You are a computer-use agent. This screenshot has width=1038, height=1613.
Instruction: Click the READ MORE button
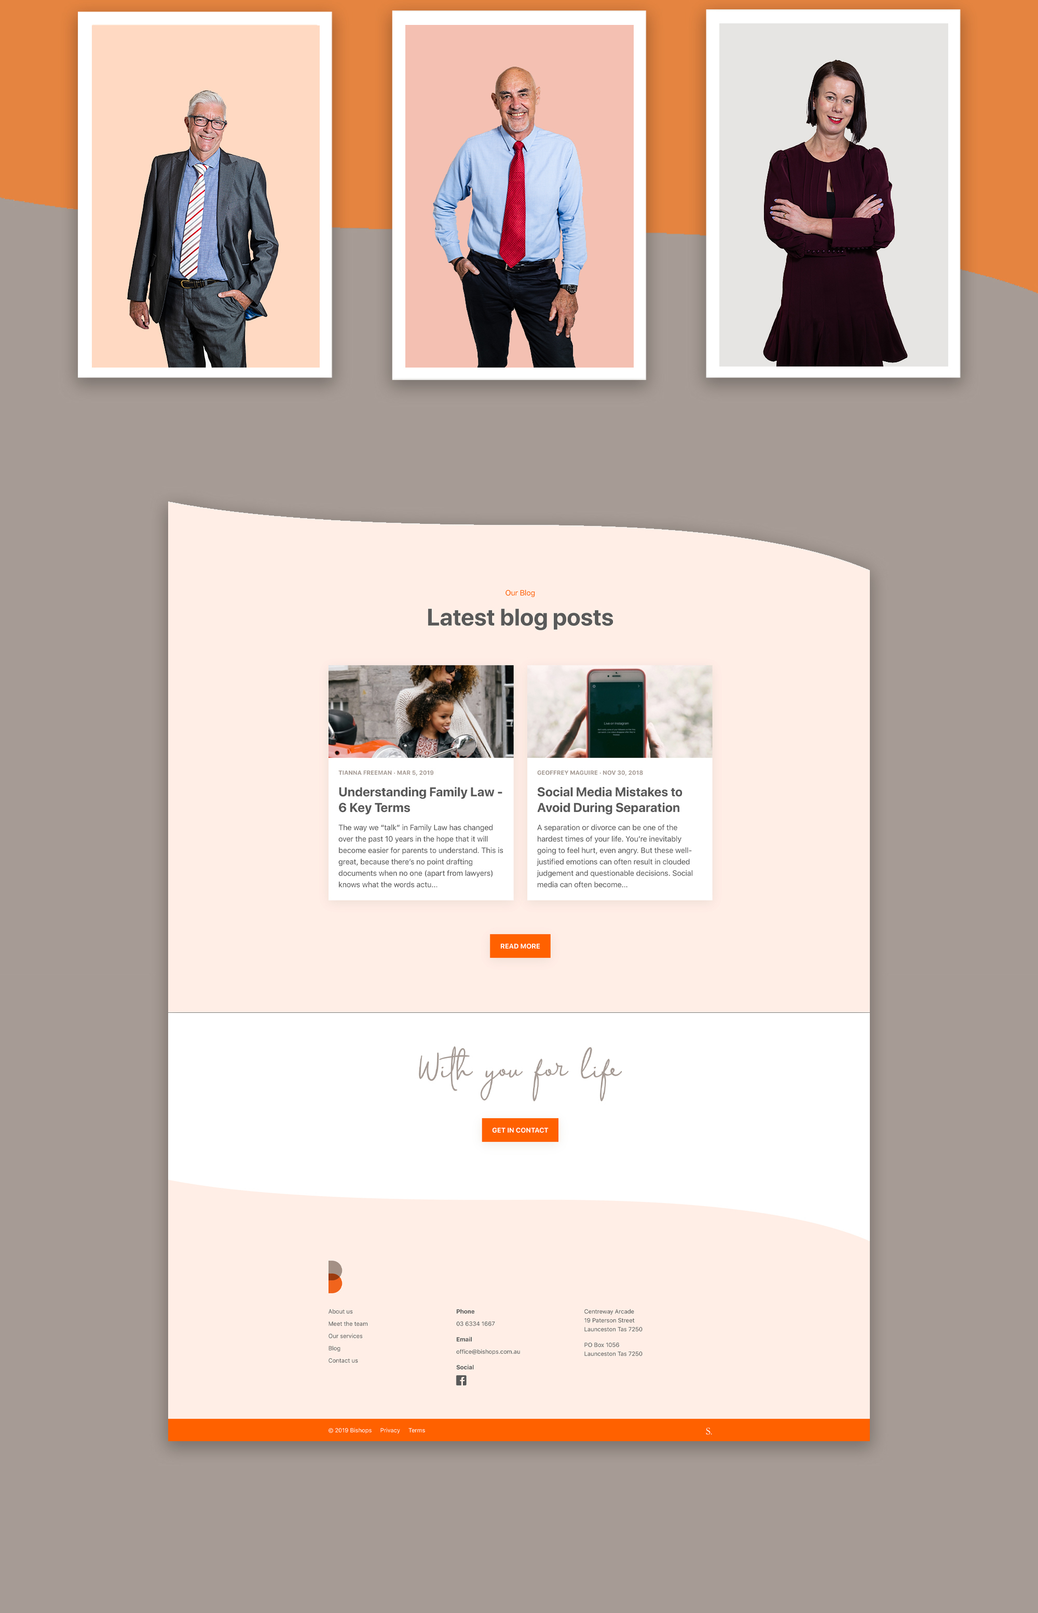pyautogui.click(x=520, y=946)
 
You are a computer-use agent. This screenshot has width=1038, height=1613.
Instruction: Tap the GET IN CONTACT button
pyautogui.click(x=520, y=1130)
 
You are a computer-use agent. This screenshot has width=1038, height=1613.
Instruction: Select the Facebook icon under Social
pyautogui.click(x=461, y=1380)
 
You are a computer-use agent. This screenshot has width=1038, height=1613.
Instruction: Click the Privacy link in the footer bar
pyautogui.click(x=390, y=1430)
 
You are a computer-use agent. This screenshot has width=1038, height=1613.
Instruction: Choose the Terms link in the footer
pyautogui.click(x=417, y=1430)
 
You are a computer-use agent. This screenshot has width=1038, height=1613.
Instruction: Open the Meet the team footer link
pyautogui.click(x=348, y=1323)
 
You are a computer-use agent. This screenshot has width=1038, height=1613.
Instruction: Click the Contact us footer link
pyautogui.click(x=343, y=1360)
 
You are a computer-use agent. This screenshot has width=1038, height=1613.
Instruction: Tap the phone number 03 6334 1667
pyautogui.click(x=475, y=1323)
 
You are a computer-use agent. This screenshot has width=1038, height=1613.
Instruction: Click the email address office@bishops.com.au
pyautogui.click(x=488, y=1351)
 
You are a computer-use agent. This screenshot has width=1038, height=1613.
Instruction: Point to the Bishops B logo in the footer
pyautogui.click(x=334, y=1277)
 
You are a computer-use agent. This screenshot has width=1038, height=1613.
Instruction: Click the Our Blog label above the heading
pyautogui.click(x=520, y=592)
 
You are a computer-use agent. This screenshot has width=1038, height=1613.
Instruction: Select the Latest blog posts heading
pyautogui.click(x=520, y=617)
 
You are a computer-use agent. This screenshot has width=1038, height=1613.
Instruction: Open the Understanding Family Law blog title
pyautogui.click(x=420, y=799)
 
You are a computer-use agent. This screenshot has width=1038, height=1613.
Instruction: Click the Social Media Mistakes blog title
pyautogui.click(x=609, y=799)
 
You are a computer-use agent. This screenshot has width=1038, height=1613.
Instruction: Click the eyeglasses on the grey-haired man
pyautogui.click(x=208, y=123)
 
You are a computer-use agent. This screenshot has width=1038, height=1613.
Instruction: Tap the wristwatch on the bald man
pyautogui.click(x=571, y=289)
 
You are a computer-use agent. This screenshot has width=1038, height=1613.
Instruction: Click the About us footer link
pyautogui.click(x=340, y=1311)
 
